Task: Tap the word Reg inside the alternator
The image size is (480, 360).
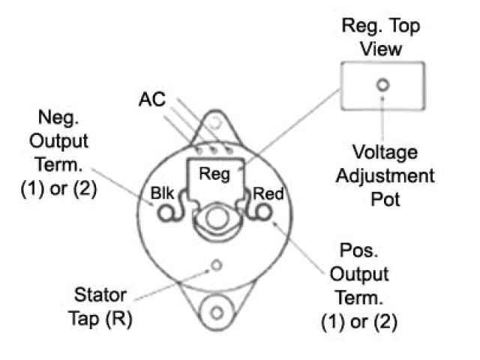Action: coord(214,174)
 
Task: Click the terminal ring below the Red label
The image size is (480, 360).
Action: coord(264,214)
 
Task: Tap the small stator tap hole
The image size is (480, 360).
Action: coord(216,265)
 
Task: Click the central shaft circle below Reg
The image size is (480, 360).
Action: coord(216,220)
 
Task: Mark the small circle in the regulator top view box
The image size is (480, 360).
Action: coord(382,85)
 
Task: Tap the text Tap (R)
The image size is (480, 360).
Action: coord(101,316)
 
